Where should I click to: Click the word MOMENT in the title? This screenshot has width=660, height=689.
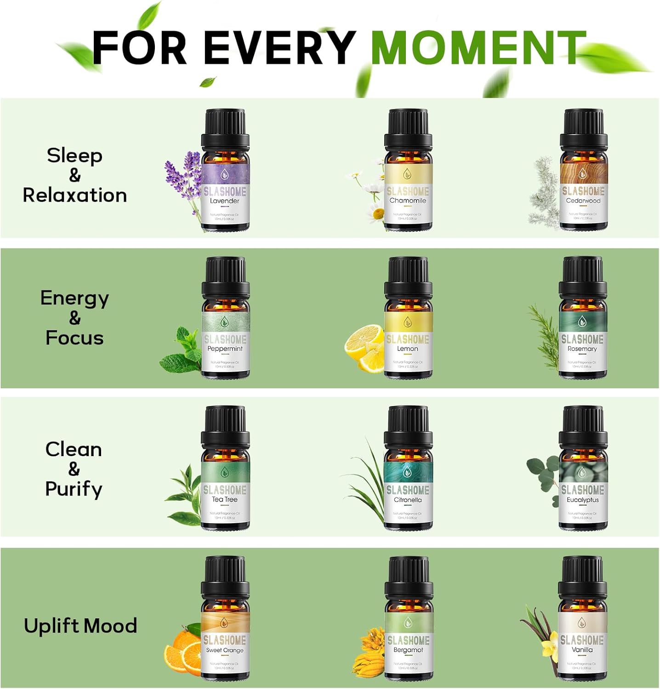478,48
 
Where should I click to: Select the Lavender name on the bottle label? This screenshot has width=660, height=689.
225,201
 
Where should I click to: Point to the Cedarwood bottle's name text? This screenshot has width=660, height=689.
583,201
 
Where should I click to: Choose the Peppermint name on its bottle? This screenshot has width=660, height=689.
225,349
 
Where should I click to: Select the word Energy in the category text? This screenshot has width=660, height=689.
74,299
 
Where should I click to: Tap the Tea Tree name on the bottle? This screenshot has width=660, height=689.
225,499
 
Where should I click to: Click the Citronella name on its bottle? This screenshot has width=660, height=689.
408,500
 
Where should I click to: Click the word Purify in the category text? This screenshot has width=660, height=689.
74,489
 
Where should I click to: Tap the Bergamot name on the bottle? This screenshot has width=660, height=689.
408,650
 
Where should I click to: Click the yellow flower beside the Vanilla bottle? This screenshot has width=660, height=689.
549,648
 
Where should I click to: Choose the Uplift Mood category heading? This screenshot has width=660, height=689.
80,626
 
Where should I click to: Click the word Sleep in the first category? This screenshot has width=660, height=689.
74,156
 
